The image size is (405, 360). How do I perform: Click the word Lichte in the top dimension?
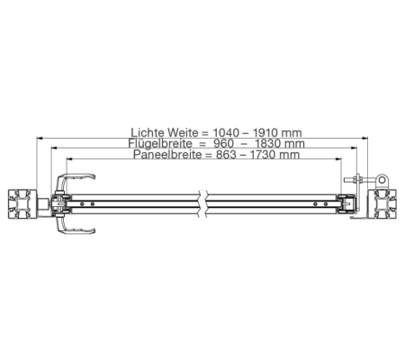(x=148, y=132)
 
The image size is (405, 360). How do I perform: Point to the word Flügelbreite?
(x=160, y=143)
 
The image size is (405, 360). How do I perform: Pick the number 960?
(x=223, y=143)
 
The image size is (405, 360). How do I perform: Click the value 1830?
(x=267, y=143)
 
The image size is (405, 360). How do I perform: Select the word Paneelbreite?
(x=167, y=155)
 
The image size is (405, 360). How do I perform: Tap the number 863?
(x=226, y=155)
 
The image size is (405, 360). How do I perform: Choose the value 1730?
(x=263, y=155)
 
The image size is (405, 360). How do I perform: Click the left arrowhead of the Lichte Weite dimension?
(x=40, y=138)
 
